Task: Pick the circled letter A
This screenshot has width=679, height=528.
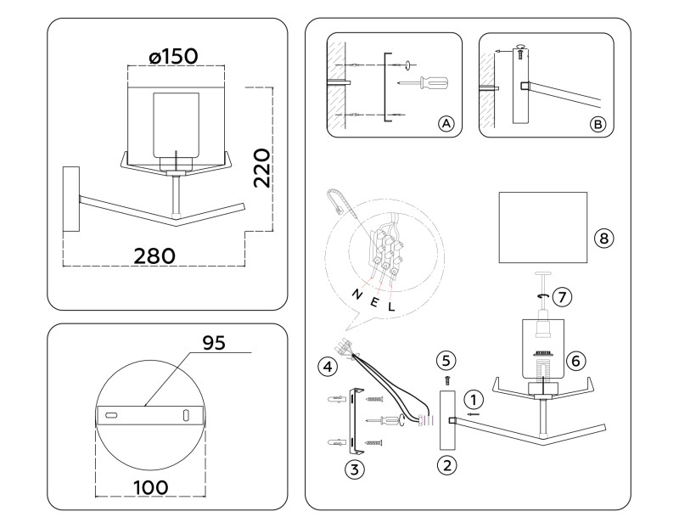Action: (446, 124)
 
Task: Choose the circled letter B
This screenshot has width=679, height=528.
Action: (598, 124)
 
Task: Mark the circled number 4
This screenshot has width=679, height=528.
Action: (325, 368)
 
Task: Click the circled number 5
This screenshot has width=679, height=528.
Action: (447, 359)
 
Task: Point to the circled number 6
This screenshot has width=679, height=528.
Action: (575, 360)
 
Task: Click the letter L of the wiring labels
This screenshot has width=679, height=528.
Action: (391, 306)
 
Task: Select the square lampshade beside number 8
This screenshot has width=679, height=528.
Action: (542, 227)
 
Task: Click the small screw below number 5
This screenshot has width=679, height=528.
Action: (447, 379)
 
